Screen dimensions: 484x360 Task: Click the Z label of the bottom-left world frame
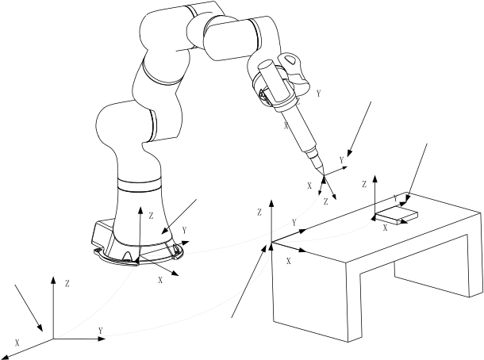[x=67, y=284]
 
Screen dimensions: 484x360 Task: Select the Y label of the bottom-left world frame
[x=100, y=331]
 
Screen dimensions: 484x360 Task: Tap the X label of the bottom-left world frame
[x=17, y=343]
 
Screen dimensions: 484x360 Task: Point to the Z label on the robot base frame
[x=151, y=216]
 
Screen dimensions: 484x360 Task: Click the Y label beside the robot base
[x=185, y=230]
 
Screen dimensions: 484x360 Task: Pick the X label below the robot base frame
[x=160, y=280]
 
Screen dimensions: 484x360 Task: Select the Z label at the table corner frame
[x=259, y=213]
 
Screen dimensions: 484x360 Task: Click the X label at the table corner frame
[x=289, y=262]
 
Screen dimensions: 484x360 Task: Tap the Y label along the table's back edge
[x=294, y=222]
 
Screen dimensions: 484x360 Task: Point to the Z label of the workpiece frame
[x=364, y=185]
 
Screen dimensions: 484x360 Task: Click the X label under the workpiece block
[x=386, y=228]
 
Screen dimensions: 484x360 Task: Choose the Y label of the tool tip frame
[x=341, y=160]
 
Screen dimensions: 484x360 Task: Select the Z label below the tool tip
[x=325, y=201]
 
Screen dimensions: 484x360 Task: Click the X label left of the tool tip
[x=309, y=186]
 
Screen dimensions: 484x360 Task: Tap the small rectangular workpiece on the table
[x=397, y=215]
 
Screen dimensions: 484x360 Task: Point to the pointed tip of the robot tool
[x=323, y=175]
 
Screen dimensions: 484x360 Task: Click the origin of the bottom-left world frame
[x=53, y=339]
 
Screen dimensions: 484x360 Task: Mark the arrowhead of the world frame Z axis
[x=53, y=280]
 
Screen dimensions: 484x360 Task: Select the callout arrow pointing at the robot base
[x=179, y=216]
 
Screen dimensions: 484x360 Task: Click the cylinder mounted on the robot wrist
[x=274, y=82]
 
